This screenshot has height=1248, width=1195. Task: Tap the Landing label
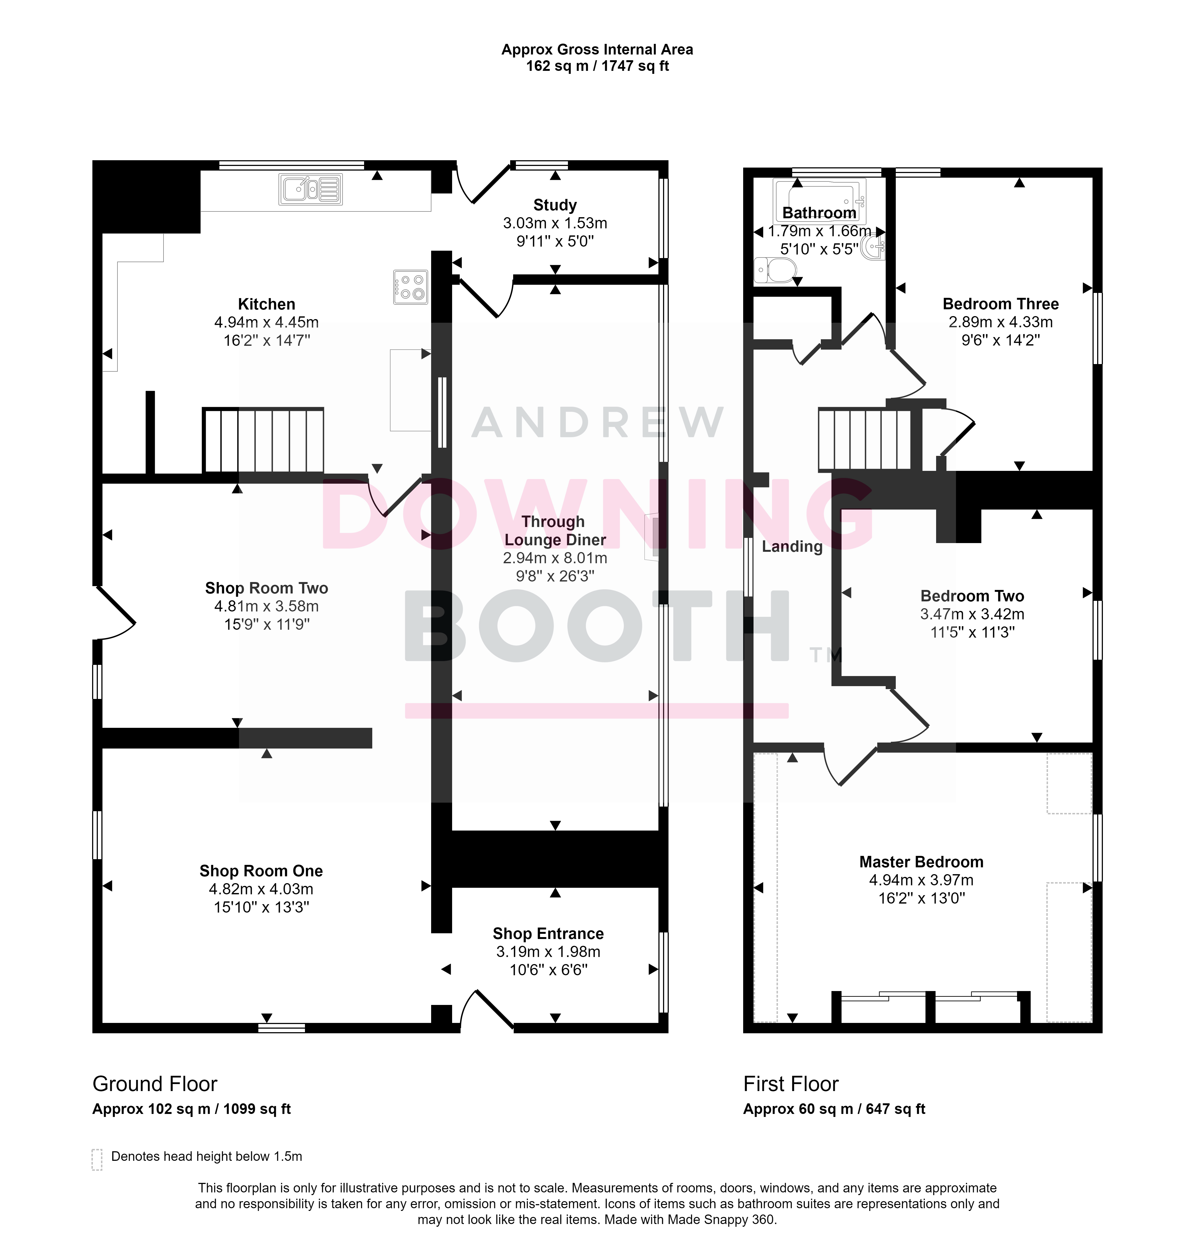792,546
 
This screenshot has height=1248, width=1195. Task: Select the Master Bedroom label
921,862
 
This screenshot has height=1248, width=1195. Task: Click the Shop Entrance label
548,934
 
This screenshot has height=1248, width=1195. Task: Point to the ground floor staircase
263,441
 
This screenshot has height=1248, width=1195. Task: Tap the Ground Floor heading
155,1084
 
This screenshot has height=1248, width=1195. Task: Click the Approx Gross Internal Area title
597,50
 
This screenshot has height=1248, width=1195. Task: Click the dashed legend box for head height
97,1159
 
